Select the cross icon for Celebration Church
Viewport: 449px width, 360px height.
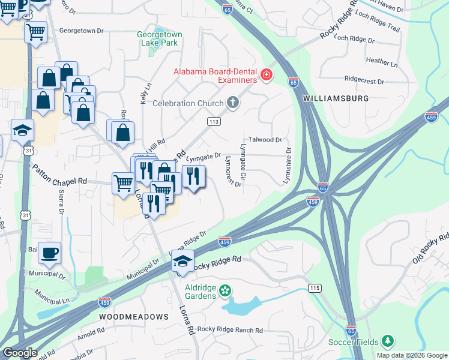[x=234, y=104]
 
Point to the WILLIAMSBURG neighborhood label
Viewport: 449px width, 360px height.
[x=336, y=97]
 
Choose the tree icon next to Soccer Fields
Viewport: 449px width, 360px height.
[x=388, y=342]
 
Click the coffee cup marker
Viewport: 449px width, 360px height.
[x=50, y=253]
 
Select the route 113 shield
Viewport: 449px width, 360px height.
[x=214, y=122]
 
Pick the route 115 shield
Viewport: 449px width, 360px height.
[x=315, y=288]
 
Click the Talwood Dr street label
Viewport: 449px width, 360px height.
[x=265, y=139]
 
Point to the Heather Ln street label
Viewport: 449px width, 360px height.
[x=382, y=61]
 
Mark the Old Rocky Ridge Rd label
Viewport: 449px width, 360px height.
[x=430, y=247]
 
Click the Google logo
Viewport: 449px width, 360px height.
[x=20, y=353]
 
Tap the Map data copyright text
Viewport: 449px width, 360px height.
[x=412, y=355]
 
